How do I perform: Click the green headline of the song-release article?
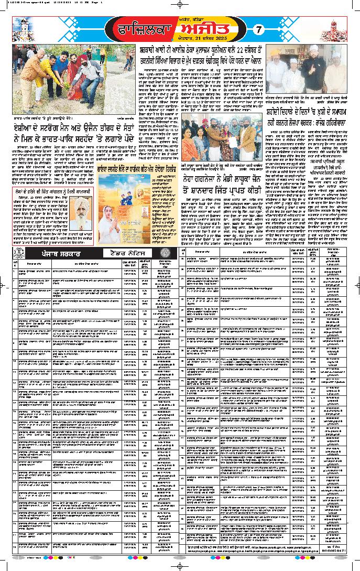(122, 170)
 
